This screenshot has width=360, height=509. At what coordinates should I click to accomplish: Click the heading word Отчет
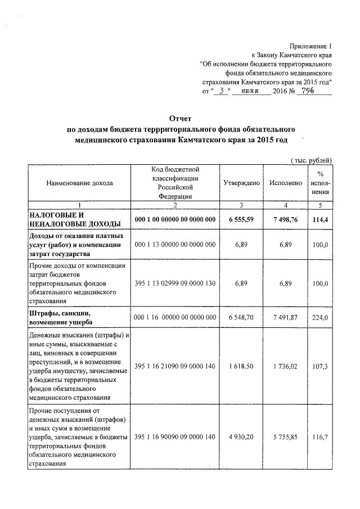pyautogui.click(x=181, y=119)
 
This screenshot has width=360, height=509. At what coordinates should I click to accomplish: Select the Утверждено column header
pyautogui.click(x=241, y=183)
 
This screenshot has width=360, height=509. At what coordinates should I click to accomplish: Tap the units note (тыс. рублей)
pyautogui.click(x=312, y=160)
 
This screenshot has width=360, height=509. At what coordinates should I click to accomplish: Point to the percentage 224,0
pyautogui.click(x=320, y=317)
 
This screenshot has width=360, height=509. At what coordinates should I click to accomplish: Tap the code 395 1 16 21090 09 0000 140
pyautogui.click(x=175, y=366)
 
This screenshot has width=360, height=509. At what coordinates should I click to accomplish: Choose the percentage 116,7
pyautogui.click(x=320, y=437)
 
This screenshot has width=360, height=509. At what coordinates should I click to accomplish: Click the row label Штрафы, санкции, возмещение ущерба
pyautogui.click(x=65, y=317)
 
